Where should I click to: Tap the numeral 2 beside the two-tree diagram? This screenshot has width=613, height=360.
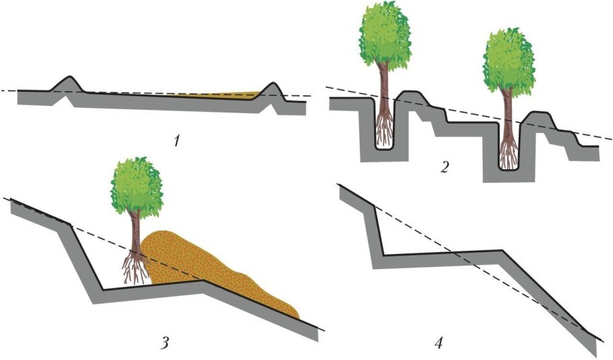pos(443,166)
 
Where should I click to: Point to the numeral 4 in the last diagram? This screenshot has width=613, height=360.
pos(439,343)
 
